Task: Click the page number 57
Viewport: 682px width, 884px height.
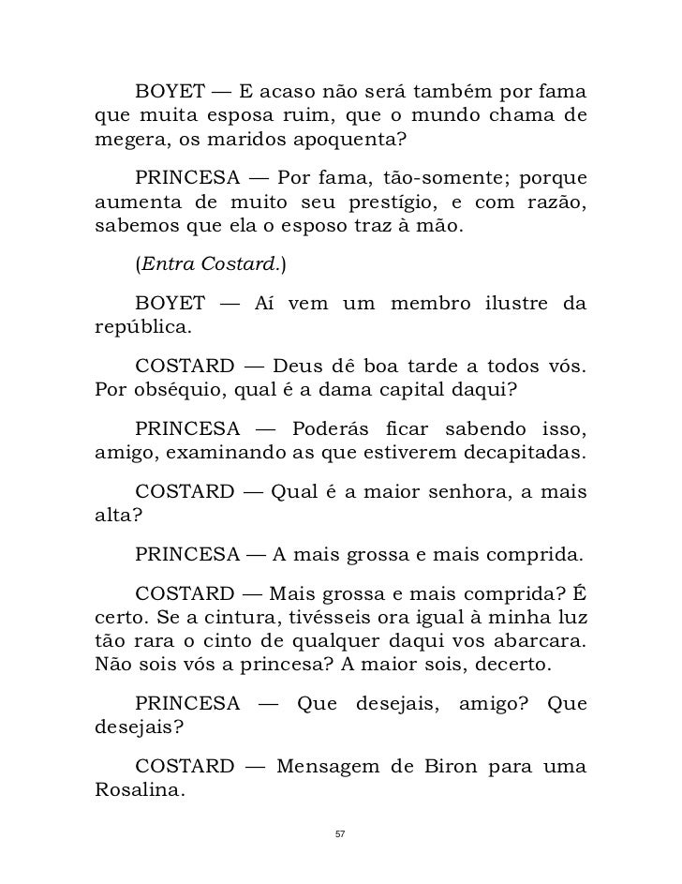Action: click(340, 833)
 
